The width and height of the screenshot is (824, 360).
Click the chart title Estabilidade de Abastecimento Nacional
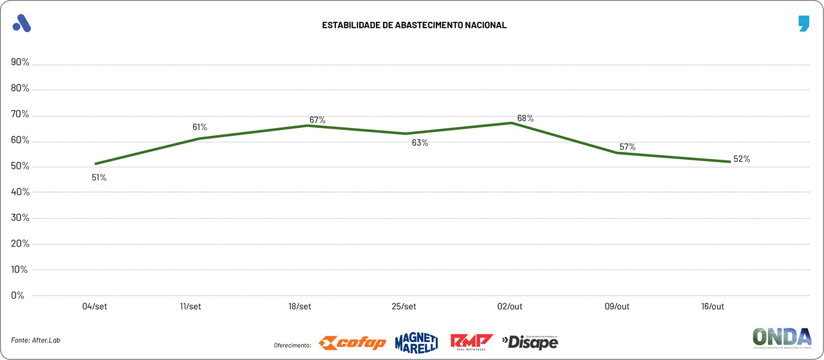point(415,25)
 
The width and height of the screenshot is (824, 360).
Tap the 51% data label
point(99,177)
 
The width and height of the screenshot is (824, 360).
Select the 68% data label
point(525,118)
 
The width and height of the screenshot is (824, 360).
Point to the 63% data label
point(420,143)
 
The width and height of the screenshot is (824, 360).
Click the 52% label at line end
point(742,159)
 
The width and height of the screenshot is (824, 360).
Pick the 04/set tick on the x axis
point(95,307)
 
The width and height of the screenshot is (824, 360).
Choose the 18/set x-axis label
point(300,307)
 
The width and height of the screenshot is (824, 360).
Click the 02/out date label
point(510,307)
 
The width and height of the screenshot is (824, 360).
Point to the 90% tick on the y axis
point(20,62)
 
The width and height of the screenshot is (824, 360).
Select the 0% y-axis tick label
point(17,296)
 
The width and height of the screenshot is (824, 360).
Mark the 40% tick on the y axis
point(20,192)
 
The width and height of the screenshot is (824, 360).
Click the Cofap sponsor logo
point(353,343)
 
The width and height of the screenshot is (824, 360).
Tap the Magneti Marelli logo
point(416,342)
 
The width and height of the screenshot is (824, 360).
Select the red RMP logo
point(472,342)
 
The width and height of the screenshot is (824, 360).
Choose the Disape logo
point(530,342)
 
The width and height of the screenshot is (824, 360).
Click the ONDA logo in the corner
point(782,338)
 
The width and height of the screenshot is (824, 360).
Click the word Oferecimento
point(292,345)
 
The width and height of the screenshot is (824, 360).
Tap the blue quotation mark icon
point(803,24)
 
